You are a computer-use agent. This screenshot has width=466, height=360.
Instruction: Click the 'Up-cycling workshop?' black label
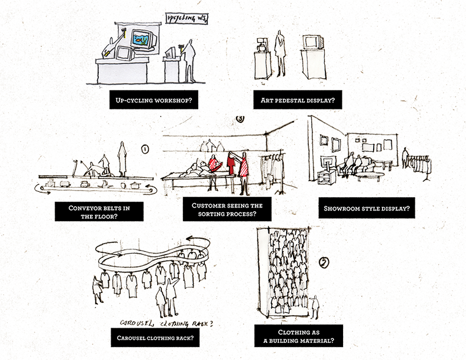point(154,100)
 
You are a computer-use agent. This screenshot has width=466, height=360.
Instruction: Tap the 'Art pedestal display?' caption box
point(298,100)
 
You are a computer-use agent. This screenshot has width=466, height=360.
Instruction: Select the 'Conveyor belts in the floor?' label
point(99,212)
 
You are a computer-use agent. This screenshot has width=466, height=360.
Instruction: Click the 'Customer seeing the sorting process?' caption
point(227,209)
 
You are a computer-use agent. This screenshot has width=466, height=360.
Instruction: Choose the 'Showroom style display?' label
point(367,208)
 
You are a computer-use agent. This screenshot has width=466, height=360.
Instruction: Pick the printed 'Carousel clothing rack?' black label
point(155,338)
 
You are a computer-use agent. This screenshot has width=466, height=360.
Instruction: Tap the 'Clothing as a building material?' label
point(299,336)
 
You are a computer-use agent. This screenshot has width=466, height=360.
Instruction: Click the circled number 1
point(145,149)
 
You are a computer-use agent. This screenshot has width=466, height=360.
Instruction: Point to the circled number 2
point(324,262)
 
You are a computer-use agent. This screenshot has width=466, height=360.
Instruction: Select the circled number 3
point(240,118)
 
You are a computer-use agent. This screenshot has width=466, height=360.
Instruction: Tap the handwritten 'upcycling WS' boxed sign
point(187,19)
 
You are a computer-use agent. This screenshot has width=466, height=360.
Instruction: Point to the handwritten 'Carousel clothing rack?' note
point(167,323)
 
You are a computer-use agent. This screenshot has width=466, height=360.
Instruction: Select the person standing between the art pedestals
point(279,53)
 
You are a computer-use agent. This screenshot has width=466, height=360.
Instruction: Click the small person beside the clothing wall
point(315,307)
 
